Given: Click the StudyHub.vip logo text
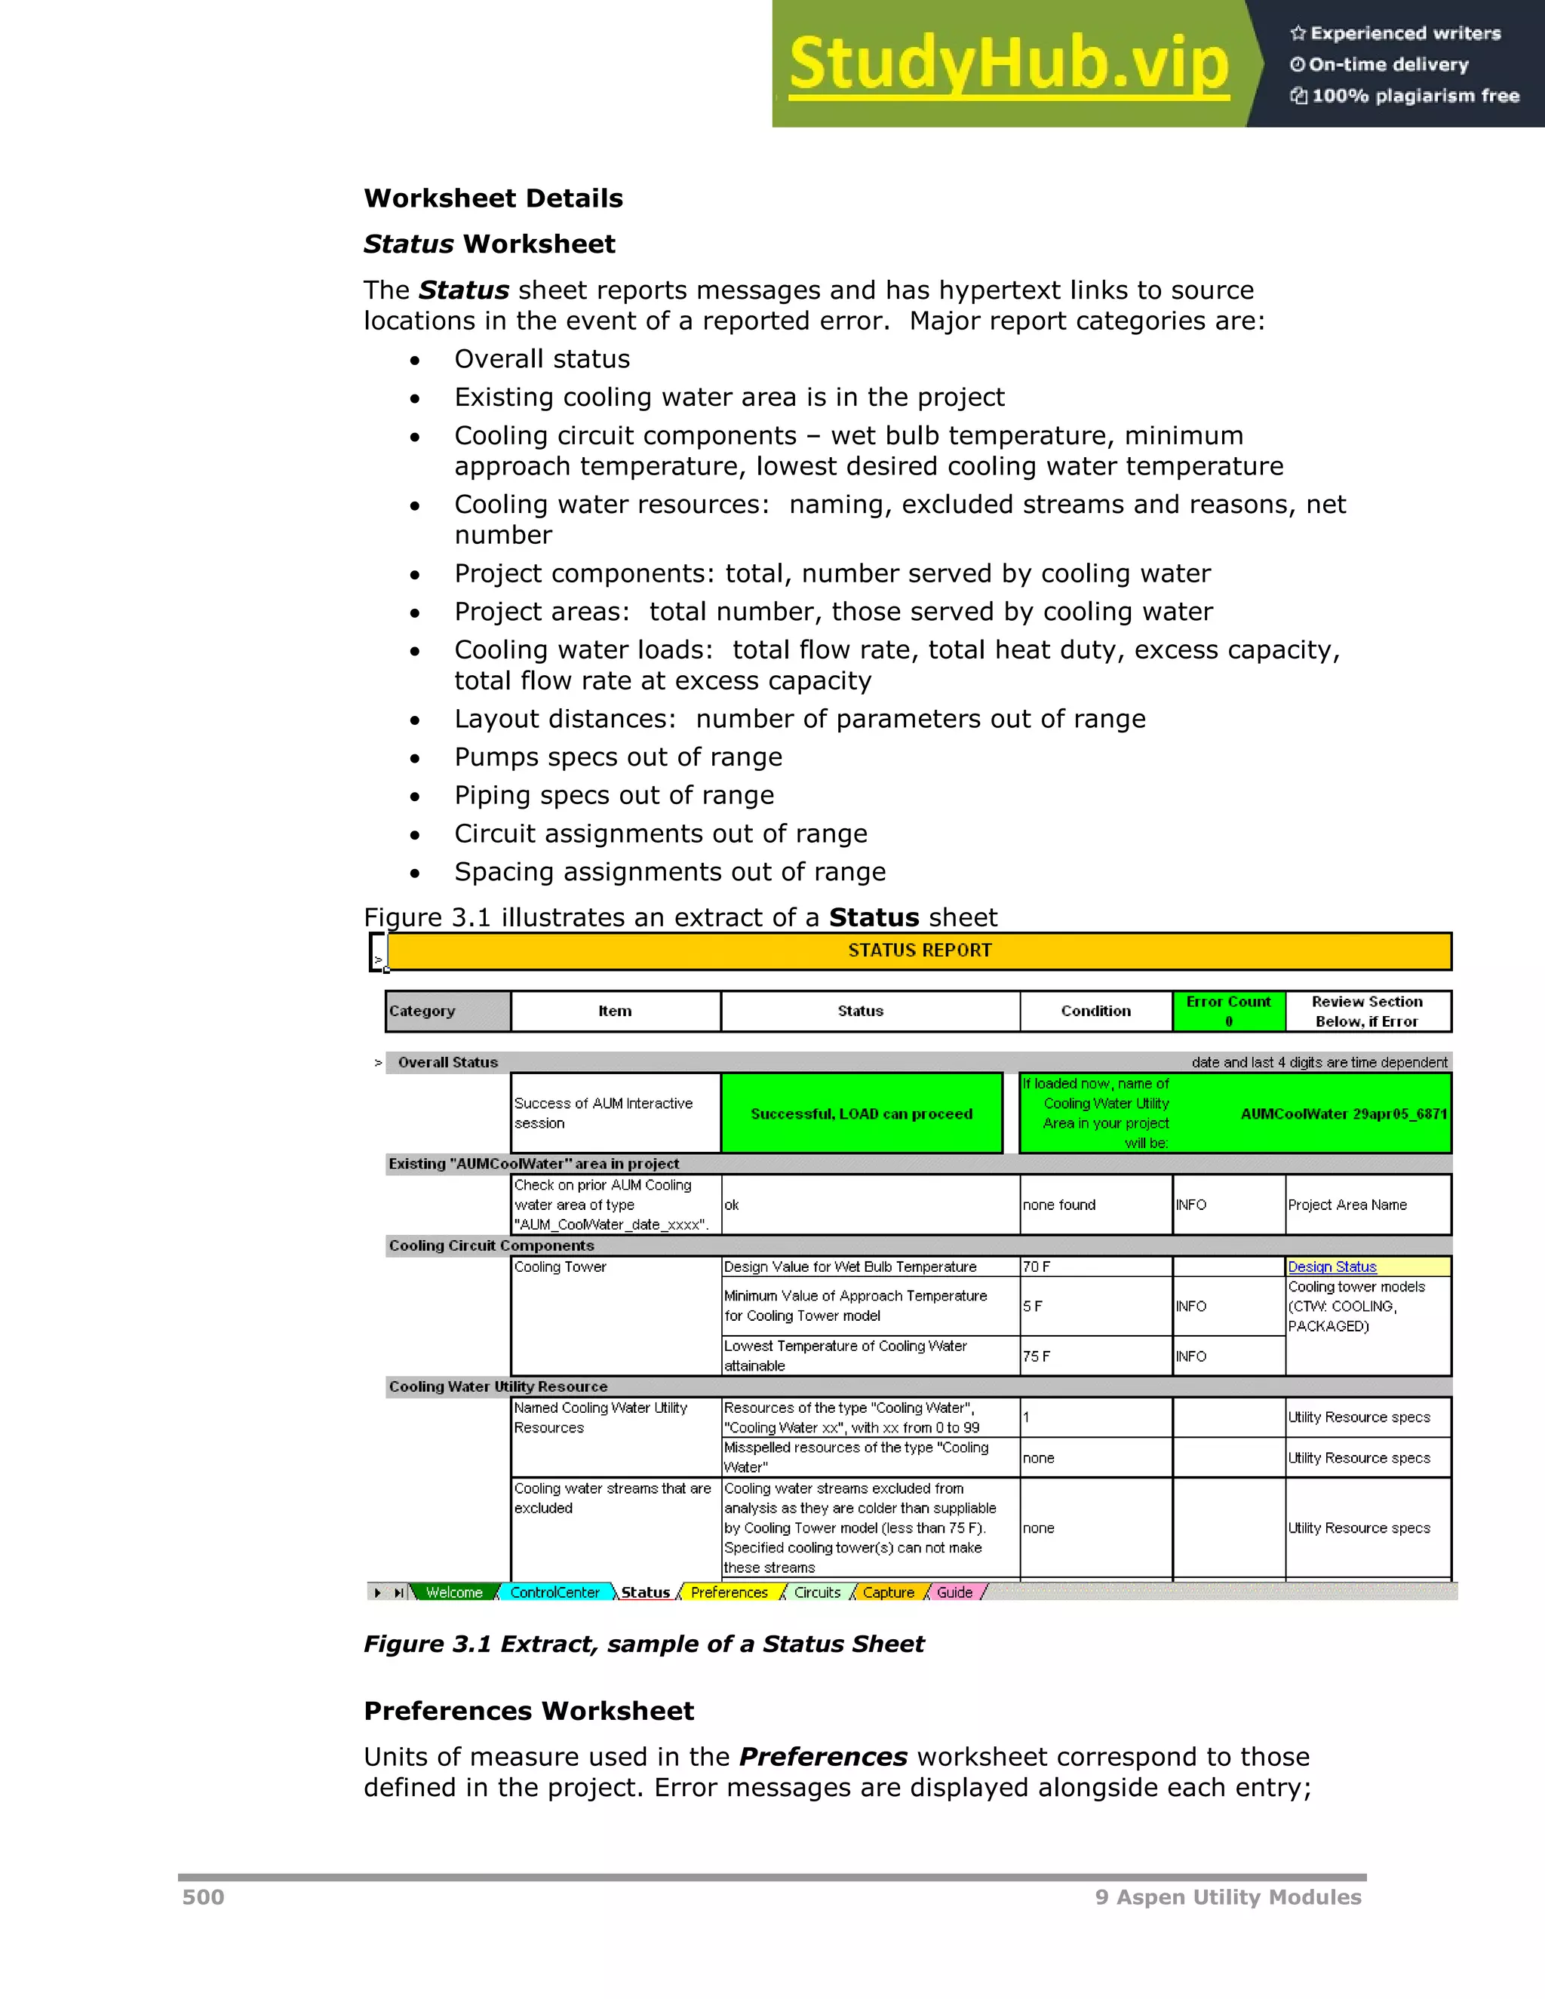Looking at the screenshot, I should coord(1008,64).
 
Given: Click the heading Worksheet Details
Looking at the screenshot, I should coord(493,198).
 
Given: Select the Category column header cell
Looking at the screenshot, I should coord(447,1011).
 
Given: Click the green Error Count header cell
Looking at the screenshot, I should coord(1228,1011).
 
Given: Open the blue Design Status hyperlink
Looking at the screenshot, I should coord(1332,1267).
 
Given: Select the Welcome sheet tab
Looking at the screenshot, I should coord(454,1592).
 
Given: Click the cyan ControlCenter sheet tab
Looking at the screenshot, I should coord(554,1592).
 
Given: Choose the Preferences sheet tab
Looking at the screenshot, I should coord(729,1592).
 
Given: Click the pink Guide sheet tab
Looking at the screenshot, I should coord(954,1592).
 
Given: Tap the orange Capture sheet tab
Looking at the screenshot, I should coord(888,1592).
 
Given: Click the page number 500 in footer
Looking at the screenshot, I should coord(203,1897).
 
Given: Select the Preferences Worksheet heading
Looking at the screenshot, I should coord(529,1711).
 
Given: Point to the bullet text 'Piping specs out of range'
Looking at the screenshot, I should coord(614,795).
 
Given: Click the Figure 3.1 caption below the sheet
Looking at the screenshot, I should coord(643,1644).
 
